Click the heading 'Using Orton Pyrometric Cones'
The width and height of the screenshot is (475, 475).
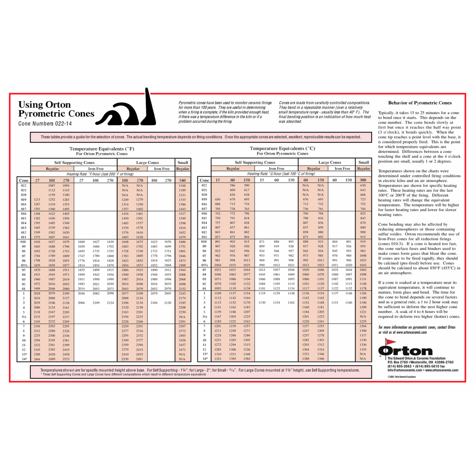tap(56, 109)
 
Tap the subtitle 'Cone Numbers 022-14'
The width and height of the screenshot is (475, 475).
tap(45, 124)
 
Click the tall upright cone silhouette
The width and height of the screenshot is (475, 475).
tap(149, 108)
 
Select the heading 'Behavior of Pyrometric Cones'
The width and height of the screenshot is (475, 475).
tap(420, 103)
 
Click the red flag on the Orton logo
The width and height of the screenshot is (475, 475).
tap(390, 342)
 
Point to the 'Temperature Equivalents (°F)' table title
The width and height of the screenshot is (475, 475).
tap(102, 149)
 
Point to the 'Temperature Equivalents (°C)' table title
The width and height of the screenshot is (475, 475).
tap(282, 148)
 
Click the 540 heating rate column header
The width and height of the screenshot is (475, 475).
tap(182, 181)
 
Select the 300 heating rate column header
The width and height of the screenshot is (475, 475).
tap(363, 180)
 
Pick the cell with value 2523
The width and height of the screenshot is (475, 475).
tap(66, 359)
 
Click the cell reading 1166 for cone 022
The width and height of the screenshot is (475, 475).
tap(182, 186)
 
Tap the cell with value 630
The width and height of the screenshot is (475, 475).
tap(363, 185)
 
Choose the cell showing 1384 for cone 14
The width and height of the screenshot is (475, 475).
tap(247, 359)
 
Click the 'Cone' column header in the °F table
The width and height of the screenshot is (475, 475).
tap(24, 181)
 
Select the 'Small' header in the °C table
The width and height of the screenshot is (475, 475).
tap(363, 162)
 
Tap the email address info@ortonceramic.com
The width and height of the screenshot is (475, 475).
tap(405, 370)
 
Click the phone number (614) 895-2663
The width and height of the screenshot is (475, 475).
tap(399, 366)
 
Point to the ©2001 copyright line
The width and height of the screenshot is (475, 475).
tap(401, 377)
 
